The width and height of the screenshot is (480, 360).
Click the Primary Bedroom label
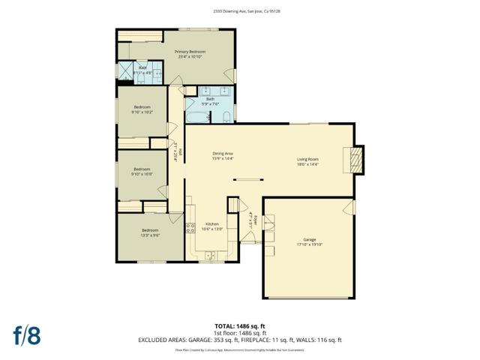pos(191,51)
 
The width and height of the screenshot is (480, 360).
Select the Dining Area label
pos(223,154)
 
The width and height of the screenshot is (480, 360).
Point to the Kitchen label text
pos(212,223)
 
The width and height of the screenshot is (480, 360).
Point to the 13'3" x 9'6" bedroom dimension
pos(150,235)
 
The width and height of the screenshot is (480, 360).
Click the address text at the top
pos(239,11)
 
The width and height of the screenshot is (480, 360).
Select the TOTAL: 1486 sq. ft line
pos(239,325)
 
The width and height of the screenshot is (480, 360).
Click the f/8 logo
pos(26,334)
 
